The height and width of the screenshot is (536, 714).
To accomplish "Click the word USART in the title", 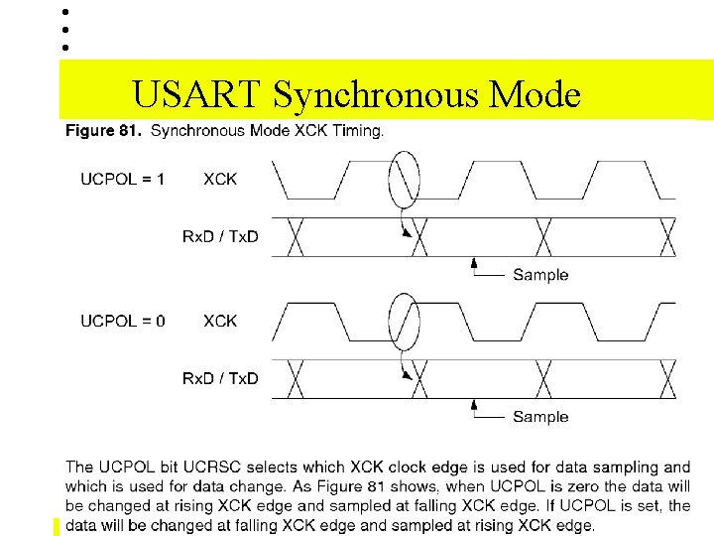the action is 196,94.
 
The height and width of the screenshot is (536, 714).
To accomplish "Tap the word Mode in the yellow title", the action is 535,94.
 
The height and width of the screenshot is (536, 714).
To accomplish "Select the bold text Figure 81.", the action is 104,131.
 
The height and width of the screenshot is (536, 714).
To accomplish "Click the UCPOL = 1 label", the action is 123,179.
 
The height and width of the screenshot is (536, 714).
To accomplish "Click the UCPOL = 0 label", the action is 123,321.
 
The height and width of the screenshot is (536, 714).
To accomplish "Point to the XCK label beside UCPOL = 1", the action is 220,179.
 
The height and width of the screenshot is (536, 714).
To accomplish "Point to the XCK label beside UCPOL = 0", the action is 220,321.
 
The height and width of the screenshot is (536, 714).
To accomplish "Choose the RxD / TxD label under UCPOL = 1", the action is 220,236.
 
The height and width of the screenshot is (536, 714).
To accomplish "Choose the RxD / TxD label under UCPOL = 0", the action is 220,378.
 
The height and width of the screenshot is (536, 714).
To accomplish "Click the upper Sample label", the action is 540,275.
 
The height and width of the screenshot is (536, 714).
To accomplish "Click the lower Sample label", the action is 540,417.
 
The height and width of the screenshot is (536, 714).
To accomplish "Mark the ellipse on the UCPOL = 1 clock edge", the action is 404,180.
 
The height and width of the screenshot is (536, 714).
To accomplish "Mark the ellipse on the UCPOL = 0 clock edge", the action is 404,322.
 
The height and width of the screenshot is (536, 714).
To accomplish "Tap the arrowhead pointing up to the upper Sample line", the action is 476,264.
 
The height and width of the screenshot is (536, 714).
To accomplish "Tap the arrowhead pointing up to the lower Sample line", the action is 476,406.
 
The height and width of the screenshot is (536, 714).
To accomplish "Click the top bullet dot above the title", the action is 64,12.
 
